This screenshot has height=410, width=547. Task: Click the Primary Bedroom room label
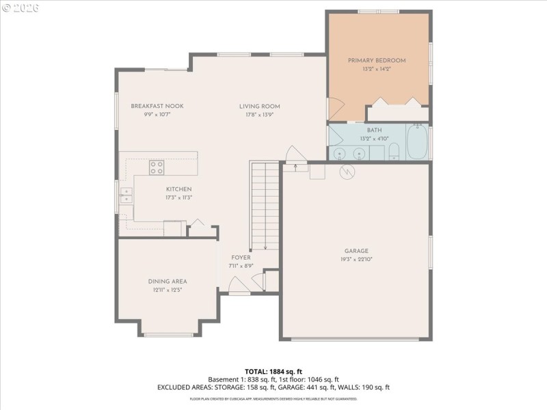(x=377, y=60)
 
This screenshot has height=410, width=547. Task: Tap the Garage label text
(x=356, y=251)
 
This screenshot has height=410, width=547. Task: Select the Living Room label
(x=259, y=106)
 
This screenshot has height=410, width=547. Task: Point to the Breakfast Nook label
(x=157, y=106)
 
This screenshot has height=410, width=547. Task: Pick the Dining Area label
(x=168, y=281)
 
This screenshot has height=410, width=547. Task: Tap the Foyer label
(x=241, y=257)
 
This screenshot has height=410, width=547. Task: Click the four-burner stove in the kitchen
(x=157, y=167)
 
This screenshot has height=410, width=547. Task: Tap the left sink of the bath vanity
(x=340, y=153)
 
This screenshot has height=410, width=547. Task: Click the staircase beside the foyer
(x=265, y=205)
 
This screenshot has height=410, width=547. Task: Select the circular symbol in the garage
(x=347, y=173)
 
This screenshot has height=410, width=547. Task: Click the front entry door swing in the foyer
(x=238, y=286)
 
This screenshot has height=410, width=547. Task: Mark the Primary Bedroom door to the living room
(x=335, y=108)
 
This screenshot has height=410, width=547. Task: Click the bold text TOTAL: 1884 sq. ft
(x=273, y=372)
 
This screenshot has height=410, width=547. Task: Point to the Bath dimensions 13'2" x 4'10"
(x=375, y=139)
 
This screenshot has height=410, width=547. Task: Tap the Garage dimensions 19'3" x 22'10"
(x=356, y=259)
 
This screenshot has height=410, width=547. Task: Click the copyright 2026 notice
(x=21, y=7)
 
